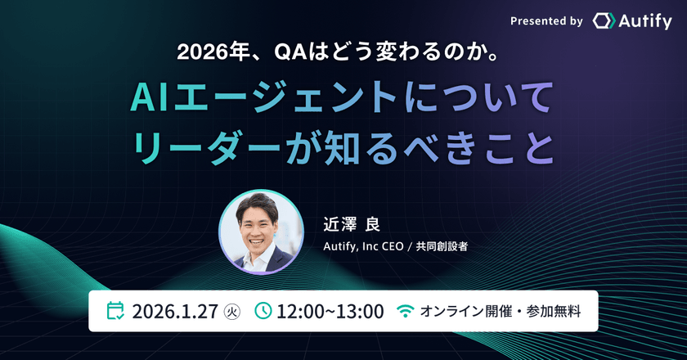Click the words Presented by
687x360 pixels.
point(546,22)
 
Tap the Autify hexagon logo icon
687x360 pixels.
point(604,22)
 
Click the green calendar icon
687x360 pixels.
point(116,311)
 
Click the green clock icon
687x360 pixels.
point(263,311)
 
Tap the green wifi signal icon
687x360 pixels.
point(405,312)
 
